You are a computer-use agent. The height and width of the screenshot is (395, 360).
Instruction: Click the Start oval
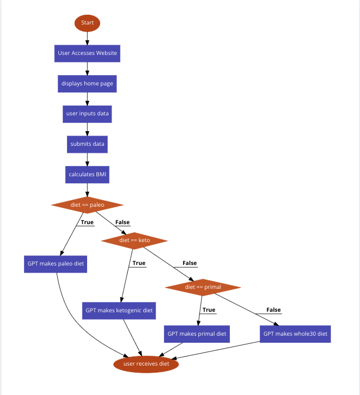87,23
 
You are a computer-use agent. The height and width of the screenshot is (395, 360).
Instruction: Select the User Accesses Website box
87,53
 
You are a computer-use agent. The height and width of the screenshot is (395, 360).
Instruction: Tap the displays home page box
87,84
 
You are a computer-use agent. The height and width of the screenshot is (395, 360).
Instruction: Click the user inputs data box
87,114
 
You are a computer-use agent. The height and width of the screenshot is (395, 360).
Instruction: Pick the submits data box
87,144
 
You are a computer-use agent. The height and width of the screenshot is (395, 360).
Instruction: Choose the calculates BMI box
87,175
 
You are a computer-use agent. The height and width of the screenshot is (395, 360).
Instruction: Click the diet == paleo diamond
87,205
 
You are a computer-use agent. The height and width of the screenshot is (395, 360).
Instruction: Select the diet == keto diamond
134,240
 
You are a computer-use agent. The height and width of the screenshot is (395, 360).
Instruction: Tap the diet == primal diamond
203,287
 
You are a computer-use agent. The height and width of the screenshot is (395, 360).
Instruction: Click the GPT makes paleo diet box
56,264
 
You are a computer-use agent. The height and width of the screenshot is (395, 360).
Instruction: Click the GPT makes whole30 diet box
295,334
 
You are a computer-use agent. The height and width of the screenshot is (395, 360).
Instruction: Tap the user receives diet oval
146,364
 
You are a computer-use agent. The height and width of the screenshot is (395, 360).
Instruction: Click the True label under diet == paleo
87,222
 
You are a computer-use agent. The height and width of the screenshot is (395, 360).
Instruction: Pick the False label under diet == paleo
123,222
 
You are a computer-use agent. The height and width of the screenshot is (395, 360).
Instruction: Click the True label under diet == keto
139,263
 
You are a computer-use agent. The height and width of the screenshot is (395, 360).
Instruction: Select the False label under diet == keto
190,263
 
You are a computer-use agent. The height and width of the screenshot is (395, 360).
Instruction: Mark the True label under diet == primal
209,310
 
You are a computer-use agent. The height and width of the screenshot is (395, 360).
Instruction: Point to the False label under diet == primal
273,310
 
